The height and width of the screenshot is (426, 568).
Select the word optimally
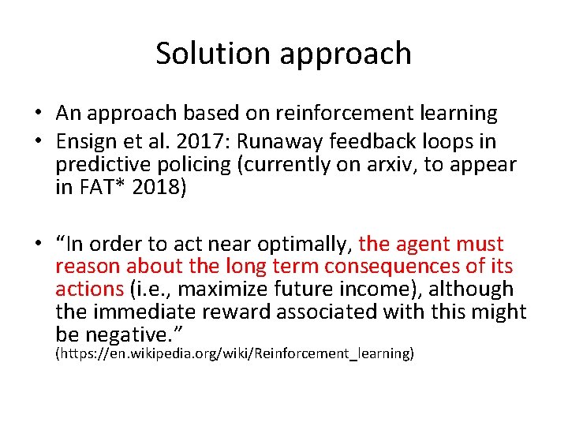(x=300, y=245)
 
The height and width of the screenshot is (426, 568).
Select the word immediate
(x=147, y=312)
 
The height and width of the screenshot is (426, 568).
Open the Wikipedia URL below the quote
(x=234, y=354)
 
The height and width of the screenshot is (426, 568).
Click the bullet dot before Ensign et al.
(x=40, y=142)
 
